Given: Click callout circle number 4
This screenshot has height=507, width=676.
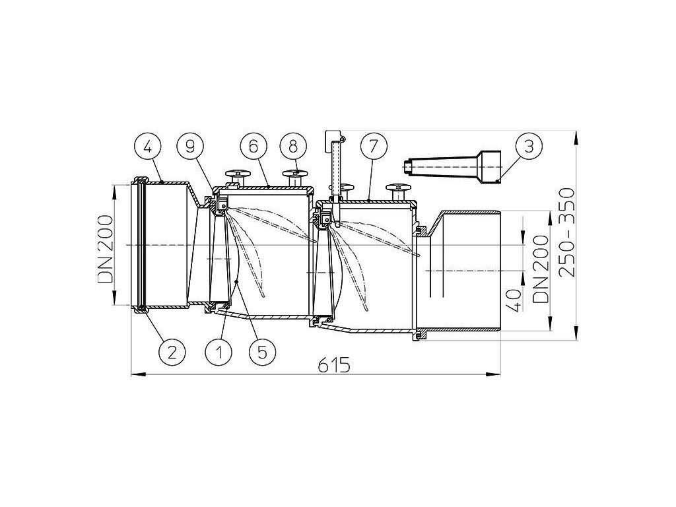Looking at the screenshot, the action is coord(147,147).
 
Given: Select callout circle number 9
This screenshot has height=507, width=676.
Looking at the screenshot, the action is coord(190,147).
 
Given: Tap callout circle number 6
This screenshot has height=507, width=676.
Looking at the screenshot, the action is coord(253,147).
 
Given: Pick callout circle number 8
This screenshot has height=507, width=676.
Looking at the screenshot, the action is coord(292,147).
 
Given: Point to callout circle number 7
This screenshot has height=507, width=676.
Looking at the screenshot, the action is coord(372,147).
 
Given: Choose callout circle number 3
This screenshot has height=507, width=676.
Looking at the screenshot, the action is coord(529,147).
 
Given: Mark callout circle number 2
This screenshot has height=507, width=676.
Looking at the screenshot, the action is coord(172,353).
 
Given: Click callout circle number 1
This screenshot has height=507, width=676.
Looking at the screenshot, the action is coord(219,353).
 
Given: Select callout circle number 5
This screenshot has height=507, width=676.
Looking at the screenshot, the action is coord(261,353).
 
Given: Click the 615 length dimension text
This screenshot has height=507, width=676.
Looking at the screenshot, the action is coord(335,366).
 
